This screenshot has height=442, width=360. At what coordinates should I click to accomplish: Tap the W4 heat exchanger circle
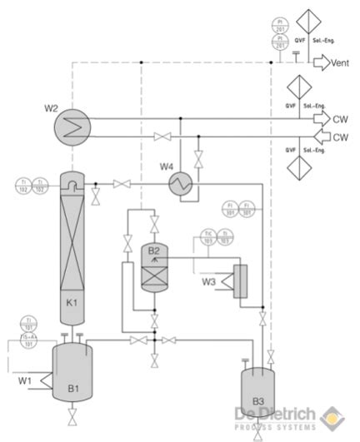tap(180, 182)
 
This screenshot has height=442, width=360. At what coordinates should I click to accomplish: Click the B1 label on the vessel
tap(73, 387)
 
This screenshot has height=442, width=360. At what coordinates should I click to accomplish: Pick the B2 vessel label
tap(153, 250)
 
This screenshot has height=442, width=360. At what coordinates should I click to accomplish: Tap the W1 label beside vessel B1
tap(27, 381)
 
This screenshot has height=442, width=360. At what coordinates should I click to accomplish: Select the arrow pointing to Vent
tap(321, 62)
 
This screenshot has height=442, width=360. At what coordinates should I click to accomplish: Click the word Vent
tap(340, 62)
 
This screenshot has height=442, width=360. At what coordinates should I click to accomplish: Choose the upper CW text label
tap(340, 119)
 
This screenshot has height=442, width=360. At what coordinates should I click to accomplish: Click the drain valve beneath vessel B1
tap(73, 413)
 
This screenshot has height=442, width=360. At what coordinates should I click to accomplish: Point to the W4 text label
tap(167, 166)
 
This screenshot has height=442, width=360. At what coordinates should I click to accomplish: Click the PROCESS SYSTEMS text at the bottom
tap(275, 427)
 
